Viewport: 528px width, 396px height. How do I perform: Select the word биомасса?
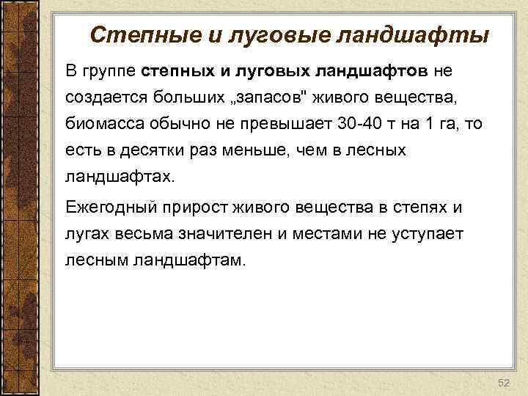[99, 125]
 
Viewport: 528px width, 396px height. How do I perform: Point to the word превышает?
[285, 125]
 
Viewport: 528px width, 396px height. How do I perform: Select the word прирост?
[197, 208]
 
